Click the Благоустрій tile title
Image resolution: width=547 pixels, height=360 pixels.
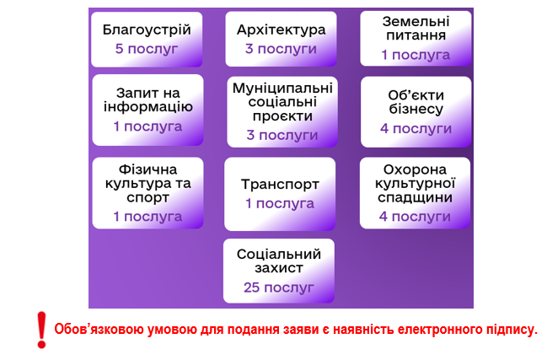coord(147,30)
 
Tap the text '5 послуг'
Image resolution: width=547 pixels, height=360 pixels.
coord(147,49)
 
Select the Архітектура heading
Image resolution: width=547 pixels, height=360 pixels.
coord(282,30)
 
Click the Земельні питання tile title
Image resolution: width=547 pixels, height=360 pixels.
coord(416,29)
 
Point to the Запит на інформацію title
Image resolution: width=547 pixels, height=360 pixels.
coord(147,99)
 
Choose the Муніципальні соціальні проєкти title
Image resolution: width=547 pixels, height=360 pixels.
coord(282,102)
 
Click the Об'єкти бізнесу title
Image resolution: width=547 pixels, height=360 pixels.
coord(416,102)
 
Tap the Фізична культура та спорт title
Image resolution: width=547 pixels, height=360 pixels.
coord(147,183)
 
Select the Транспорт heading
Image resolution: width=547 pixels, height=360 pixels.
coord(280,185)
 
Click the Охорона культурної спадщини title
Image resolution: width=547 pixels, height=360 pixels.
coord(416,183)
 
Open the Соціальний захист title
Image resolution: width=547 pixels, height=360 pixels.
coord(279,261)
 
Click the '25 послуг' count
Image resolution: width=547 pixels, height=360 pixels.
coord(279,287)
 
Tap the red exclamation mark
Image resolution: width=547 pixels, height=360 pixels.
coord(41,330)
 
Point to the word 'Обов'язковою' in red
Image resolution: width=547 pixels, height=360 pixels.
coord(99,329)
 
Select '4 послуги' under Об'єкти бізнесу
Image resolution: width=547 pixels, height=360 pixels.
coord(416,129)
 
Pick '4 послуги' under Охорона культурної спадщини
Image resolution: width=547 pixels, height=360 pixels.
coord(415,217)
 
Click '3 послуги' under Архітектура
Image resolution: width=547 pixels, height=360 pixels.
coord(281,49)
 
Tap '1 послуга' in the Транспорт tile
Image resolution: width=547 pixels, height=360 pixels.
coord(280,203)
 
